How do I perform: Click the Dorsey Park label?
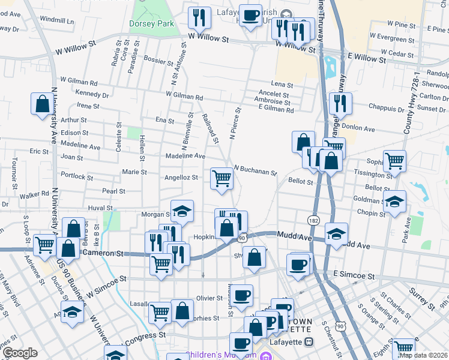[x=151, y=24]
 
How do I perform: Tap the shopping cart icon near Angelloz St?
[x=221, y=178]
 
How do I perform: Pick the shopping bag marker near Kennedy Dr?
[x=43, y=104]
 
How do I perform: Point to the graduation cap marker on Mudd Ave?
[x=337, y=233]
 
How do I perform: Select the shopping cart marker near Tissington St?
[x=394, y=161]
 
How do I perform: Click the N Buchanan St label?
[x=255, y=170]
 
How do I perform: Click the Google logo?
[x=20, y=353]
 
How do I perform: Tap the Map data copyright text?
[x=424, y=355]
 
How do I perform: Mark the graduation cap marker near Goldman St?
[x=394, y=201]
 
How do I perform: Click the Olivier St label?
[x=209, y=298]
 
